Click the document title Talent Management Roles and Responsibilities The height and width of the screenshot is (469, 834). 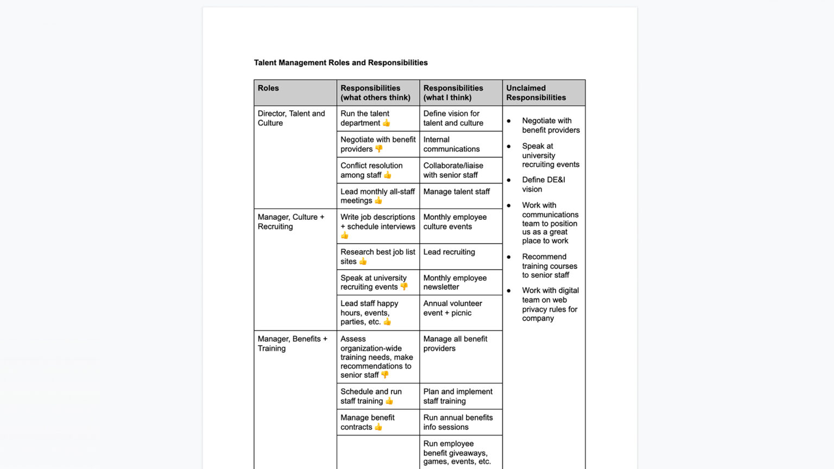coord(340,62)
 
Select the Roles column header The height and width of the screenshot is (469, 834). coord(268,88)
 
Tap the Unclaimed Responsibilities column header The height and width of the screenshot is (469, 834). coord(535,93)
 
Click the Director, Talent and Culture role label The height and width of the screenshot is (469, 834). coord(291,118)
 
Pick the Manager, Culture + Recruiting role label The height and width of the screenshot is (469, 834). coord(290,221)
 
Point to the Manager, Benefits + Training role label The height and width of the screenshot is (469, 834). coord(292,344)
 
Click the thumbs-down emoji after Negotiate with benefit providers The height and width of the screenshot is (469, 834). coord(378,149)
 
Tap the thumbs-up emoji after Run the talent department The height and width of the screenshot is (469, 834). coord(386,123)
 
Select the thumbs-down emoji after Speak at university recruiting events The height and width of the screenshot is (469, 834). coord(404,287)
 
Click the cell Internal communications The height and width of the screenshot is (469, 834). coord(451,144)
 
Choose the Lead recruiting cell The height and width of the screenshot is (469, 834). coord(449,252)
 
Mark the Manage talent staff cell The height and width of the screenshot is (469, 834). coord(456,192)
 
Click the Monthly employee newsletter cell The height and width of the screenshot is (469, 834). coord(454,282)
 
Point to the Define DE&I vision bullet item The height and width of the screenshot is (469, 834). coord(543,185)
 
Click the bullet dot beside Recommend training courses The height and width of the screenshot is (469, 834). coord(509,257)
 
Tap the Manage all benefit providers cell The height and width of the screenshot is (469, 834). coord(455,344)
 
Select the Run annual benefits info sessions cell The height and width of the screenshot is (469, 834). coord(458,422)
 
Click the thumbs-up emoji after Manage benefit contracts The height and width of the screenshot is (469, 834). coord(378,427)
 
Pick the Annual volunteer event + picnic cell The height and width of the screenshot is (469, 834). coord(452,308)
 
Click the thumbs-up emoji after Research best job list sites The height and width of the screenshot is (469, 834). coord(363,262)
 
